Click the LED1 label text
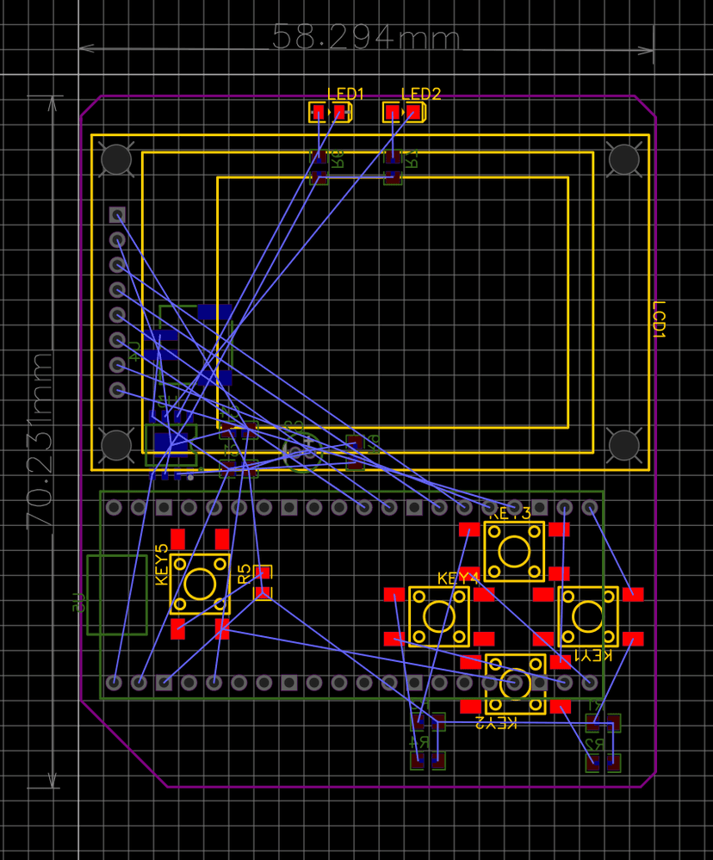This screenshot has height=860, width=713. [x=346, y=94]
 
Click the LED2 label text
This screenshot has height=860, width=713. [x=421, y=94]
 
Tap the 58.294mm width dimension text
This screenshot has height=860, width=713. [x=366, y=38]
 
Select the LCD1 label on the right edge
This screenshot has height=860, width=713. [x=660, y=319]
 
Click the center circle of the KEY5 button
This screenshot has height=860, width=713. [x=200, y=585]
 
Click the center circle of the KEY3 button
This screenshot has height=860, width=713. [x=514, y=550]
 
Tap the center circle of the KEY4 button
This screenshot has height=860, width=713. [x=439, y=616]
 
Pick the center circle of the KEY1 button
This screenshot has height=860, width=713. [x=588, y=616]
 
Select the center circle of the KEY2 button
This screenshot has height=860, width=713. [x=515, y=683]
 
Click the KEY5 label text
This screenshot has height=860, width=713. [x=161, y=565]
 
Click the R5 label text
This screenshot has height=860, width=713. [x=244, y=572]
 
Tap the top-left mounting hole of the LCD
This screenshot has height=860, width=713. [x=116, y=158]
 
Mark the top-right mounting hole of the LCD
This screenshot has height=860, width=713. [x=623, y=158]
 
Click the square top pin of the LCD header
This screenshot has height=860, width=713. [x=117, y=214]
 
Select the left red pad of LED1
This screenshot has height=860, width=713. [x=318, y=112]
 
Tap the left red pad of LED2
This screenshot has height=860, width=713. [x=393, y=112]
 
